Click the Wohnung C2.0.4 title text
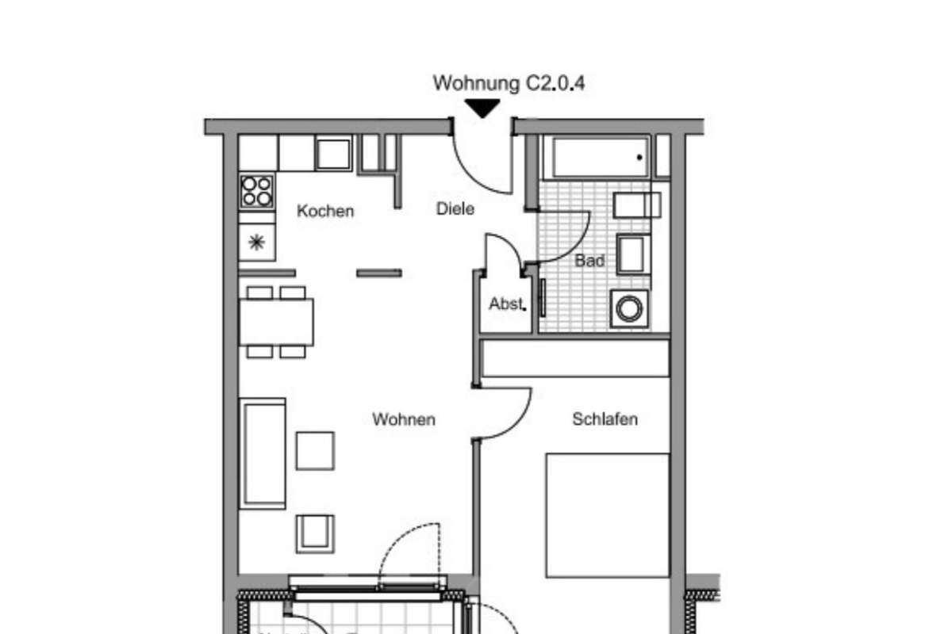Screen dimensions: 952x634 509,83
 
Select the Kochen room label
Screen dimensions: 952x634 325,212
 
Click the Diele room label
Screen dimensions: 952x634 455,209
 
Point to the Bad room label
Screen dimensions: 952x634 589,260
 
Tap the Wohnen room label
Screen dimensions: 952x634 404,419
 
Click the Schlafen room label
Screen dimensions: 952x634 605,419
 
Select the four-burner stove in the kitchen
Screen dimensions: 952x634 257,191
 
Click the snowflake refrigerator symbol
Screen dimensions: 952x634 256,243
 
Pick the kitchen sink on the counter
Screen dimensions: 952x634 334,154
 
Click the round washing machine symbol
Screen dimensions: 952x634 628,308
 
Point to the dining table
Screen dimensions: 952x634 276,322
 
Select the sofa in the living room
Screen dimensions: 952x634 263,453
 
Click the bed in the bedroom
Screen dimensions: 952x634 607,515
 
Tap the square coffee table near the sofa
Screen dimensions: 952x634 315,450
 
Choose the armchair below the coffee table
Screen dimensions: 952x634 315,533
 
